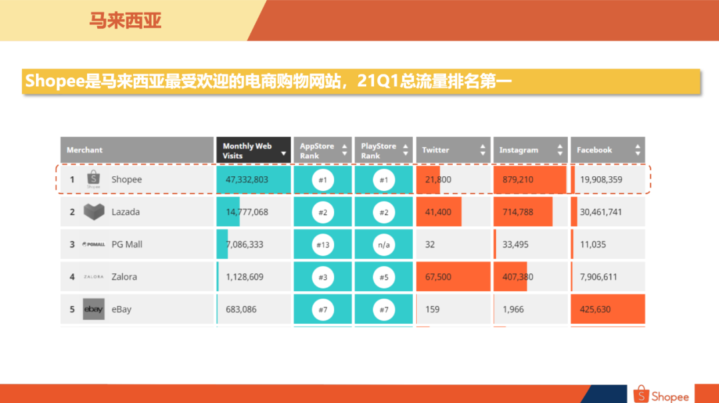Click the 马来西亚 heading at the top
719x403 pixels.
(125, 21)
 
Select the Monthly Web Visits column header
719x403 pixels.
(247, 150)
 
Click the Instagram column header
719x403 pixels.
(519, 150)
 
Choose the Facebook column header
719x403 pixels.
(594, 150)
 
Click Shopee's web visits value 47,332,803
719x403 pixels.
(247, 180)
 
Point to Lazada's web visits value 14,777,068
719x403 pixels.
(247, 212)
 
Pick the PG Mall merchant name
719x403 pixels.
(126, 245)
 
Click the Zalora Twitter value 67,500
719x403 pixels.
(438, 277)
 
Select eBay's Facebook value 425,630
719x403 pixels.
(595, 310)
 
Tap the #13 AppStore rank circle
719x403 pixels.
(323, 245)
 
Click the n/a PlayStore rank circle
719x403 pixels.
(384, 245)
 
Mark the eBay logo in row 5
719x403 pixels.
(94, 310)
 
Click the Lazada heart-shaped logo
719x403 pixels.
(94, 212)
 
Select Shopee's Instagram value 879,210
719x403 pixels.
(518, 180)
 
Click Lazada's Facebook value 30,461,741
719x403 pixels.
(601, 212)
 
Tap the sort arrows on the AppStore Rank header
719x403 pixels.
(344, 150)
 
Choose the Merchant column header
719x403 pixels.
(85, 150)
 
